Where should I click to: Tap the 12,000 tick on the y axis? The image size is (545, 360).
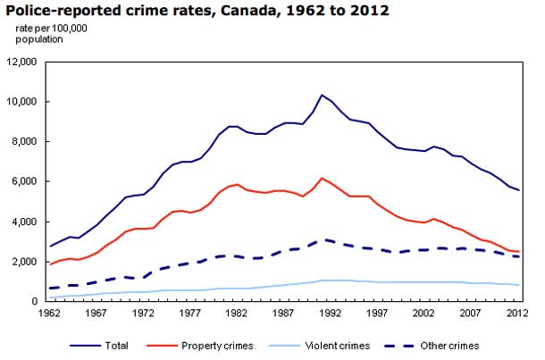[23, 62]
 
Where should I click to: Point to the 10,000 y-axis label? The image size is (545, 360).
[23, 102]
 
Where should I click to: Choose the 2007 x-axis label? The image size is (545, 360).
[462, 314]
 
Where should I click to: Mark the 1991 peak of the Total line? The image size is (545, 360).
[322, 95]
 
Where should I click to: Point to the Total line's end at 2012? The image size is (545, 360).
[519, 190]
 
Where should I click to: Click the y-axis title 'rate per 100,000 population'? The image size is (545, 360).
[51, 34]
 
